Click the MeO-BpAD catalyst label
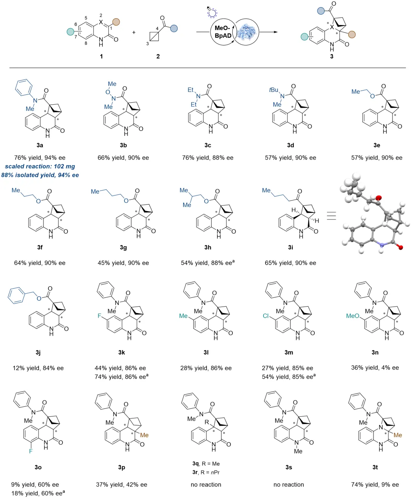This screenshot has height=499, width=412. tap(223, 32)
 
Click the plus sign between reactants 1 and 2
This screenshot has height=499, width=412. tap(134, 32)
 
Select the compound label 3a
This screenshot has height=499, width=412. tap(40, 145)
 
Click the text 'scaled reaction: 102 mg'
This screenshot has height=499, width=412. tap(40, 166)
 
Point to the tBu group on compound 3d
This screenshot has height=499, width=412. tap(274, 90)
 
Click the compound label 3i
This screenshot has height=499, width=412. tap(290, 247)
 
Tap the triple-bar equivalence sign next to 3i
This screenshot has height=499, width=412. tap(331, 216)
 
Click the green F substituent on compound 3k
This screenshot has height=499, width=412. tap(100, 316)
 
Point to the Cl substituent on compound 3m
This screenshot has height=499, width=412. tap(266, 316)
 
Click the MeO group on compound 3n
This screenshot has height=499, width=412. tap(352, 316)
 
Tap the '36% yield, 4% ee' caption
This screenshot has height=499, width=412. tap(375, 368)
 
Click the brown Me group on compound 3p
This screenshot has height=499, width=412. tap(144, 435)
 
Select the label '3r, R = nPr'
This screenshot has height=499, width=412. tap(206, 472)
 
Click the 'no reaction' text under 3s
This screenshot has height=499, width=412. tap(289, 484)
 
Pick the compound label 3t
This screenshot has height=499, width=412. tap(375, 467)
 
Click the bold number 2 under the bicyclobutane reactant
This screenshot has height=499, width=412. tap(158, 57)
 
